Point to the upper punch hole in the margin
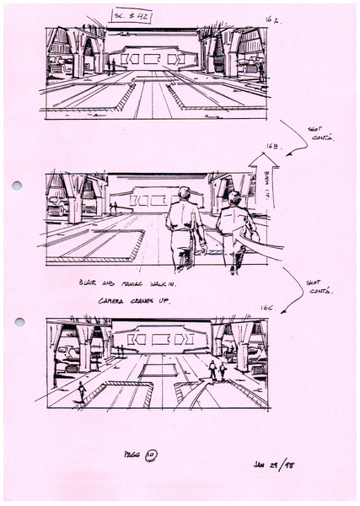[16, 186]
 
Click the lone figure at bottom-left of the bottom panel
[81, 391]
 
